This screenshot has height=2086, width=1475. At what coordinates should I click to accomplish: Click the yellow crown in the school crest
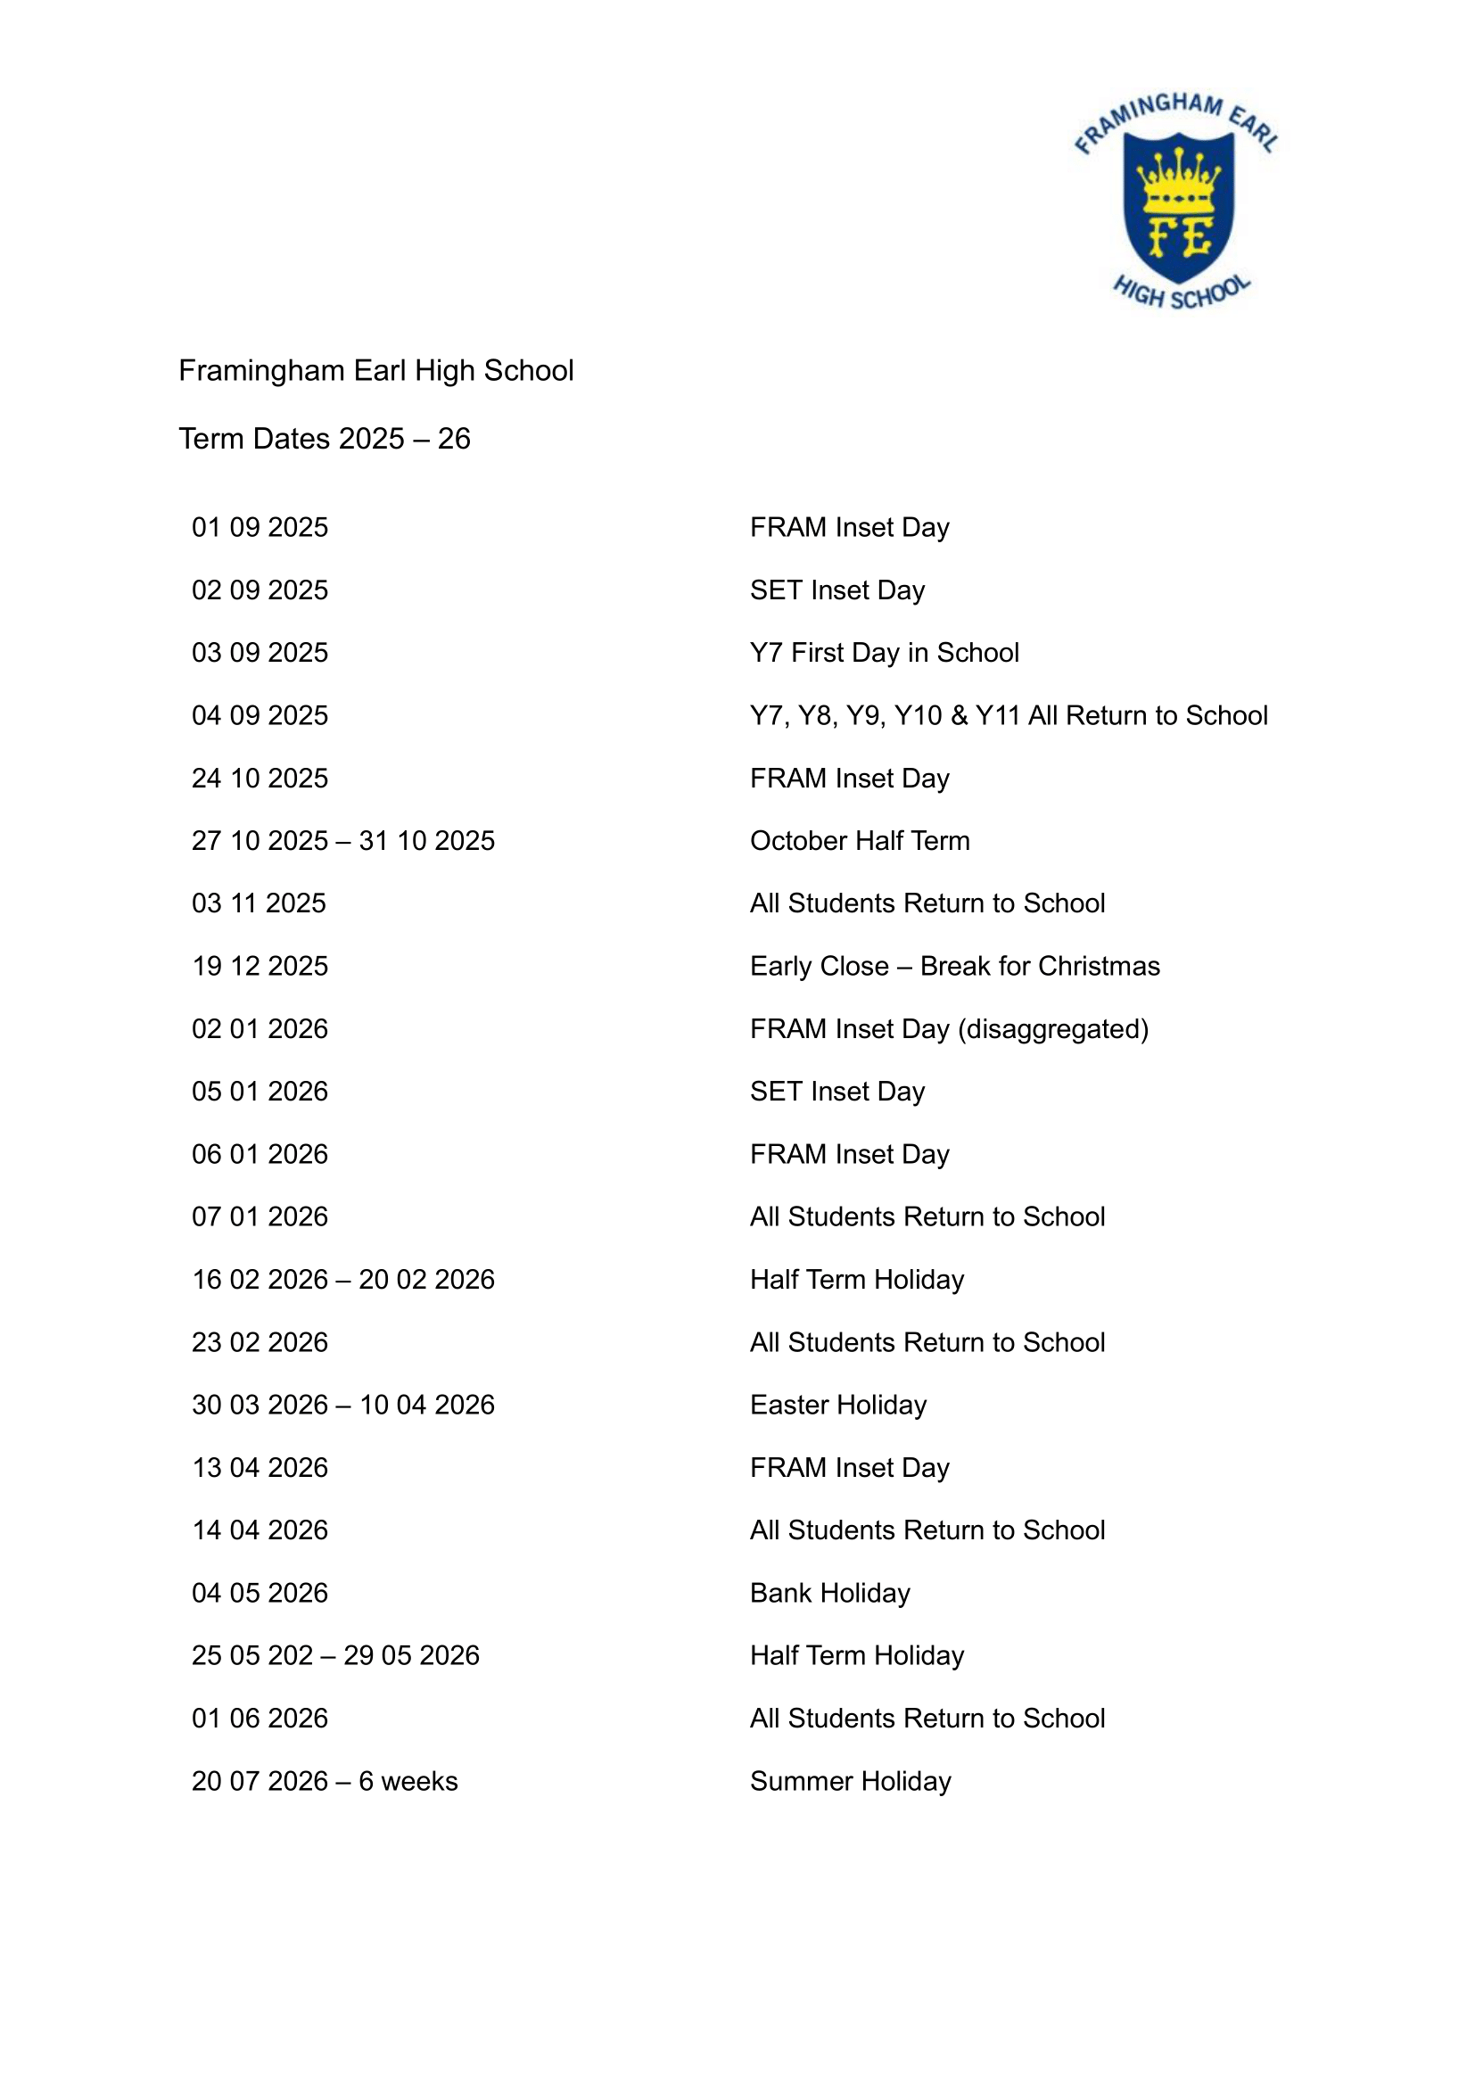coord(1178,178)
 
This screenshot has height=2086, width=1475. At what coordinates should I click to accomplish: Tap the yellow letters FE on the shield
coord(1179,238)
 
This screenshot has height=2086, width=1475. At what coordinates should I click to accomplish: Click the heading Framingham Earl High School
coord(376,371)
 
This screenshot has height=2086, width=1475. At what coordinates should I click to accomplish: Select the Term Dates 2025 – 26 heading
coord(325,439)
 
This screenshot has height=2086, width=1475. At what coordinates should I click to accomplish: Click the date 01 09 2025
coord(260,528)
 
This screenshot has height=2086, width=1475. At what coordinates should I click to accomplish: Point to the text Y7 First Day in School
coord(884,653)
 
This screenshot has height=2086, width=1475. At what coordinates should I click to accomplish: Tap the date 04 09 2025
coord(260,716)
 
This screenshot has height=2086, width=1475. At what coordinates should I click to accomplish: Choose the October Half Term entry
coord(859,841)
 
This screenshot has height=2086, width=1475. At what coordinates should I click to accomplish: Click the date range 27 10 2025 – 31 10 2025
coord(342,841)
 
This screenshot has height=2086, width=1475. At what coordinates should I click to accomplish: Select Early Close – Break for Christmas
coord(954,967)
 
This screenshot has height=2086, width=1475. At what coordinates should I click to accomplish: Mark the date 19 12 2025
coord(260,967)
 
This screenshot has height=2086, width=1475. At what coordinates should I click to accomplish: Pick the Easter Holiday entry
coord(837,1406)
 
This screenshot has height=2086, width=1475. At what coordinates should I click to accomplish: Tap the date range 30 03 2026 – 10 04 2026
coord(342,1406)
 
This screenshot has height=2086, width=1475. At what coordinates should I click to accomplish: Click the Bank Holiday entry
coord(829,1594)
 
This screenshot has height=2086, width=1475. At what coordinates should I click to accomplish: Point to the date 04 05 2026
coord(260,1594)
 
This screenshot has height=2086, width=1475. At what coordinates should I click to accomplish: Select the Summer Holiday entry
coord(850,1782)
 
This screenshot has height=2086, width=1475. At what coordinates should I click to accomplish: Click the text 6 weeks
coord(408,1782)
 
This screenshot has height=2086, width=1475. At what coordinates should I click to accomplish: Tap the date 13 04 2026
coord(260,1468)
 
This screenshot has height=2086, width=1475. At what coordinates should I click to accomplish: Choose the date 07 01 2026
coord(260,1217)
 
